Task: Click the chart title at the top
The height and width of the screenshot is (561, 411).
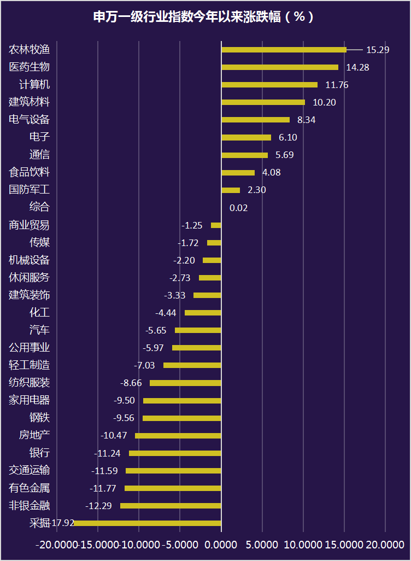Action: pos(205,17)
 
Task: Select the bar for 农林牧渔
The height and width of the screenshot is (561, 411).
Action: pos(284,50)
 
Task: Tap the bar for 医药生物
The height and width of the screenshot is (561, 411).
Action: pos(280,67)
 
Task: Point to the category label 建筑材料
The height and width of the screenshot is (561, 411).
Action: pos(30,102)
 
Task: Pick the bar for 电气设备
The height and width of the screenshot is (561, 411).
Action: pos(255,120)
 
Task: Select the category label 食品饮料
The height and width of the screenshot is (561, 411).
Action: pos(30,172)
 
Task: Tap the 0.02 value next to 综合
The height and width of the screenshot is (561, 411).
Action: pos(239,208)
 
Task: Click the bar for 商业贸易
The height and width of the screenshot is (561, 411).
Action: pos(216,225)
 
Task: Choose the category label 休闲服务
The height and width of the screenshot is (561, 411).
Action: pos(30,278)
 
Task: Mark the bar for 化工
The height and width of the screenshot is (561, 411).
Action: pos(203,313)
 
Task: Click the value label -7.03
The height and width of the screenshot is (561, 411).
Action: pos(145,365)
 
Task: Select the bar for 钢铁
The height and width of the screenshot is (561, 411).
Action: pos(182,418)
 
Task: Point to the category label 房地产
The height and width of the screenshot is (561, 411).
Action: pos(34,436)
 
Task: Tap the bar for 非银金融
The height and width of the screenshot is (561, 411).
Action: pos(171,506)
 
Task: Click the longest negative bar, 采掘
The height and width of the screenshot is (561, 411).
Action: pos(148,523)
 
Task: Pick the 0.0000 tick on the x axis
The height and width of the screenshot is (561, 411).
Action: pos(221,545)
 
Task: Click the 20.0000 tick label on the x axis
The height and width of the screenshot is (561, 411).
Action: pos(385,545)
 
